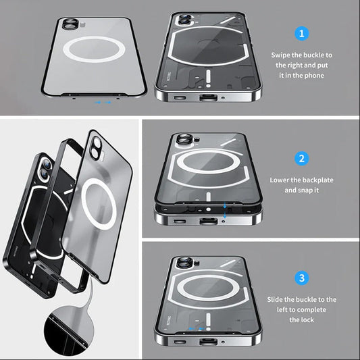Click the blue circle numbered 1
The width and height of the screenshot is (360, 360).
[x=302, y=32]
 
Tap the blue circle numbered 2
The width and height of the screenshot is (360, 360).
[x=302, y=159]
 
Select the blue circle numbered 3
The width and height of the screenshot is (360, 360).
[x=302, y=278]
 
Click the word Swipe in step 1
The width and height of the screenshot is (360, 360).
[x=284, y=54]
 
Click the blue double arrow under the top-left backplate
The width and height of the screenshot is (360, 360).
[x=103, y=103]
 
